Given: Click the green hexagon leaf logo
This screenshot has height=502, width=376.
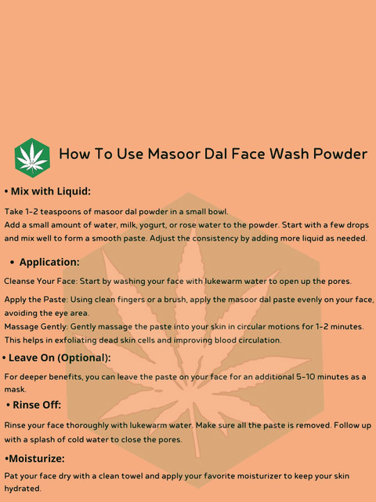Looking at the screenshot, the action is pos(32,158).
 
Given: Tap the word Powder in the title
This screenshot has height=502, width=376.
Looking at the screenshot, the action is pos(340,154).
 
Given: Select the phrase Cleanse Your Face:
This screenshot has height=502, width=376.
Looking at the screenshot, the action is pos(41,282).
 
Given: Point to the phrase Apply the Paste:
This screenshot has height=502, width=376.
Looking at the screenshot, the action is pos(36,300).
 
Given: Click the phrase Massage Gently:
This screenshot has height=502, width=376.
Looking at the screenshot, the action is pos(36,327).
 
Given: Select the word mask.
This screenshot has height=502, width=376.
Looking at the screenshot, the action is pos(15,390).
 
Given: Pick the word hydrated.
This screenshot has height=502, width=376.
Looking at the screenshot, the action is pos(23,489).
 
